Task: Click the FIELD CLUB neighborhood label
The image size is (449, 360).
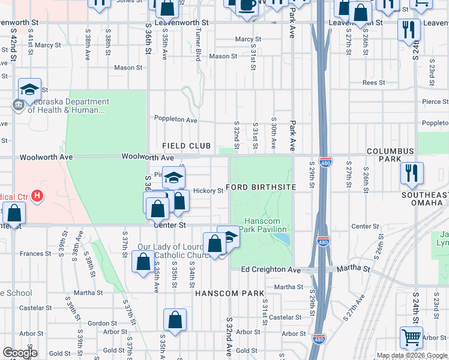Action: [x=186, y=146]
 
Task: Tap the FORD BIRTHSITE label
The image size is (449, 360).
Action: [x=261, y=187]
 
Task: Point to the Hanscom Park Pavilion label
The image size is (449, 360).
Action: [x=267, y=225]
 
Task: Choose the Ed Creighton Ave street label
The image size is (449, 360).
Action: [x=270, y=270]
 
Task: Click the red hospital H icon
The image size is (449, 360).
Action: [x=38, y=196]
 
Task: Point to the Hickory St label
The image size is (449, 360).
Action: [x=208, y=191]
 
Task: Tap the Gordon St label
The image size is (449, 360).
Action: [x=98, y=323]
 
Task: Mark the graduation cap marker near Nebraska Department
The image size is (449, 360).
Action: [x=29, y=90]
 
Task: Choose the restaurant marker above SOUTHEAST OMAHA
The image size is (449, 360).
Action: [x=411, y=173]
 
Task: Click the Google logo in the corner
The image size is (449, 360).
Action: [x=20, y=353]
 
